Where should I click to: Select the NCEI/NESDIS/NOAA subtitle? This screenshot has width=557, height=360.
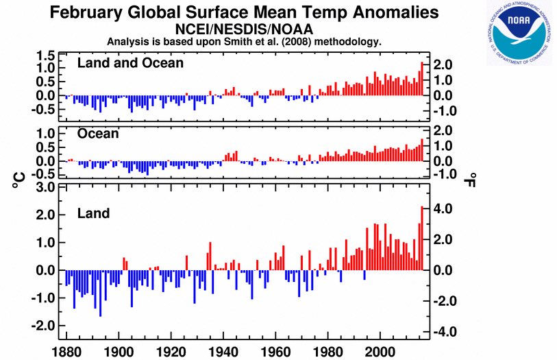coord(244,29)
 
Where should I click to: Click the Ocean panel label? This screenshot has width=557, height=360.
coord(98,134)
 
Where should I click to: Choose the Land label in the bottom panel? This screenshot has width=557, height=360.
coord(93,214)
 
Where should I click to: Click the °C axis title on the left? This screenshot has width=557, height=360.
coord(19,180)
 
